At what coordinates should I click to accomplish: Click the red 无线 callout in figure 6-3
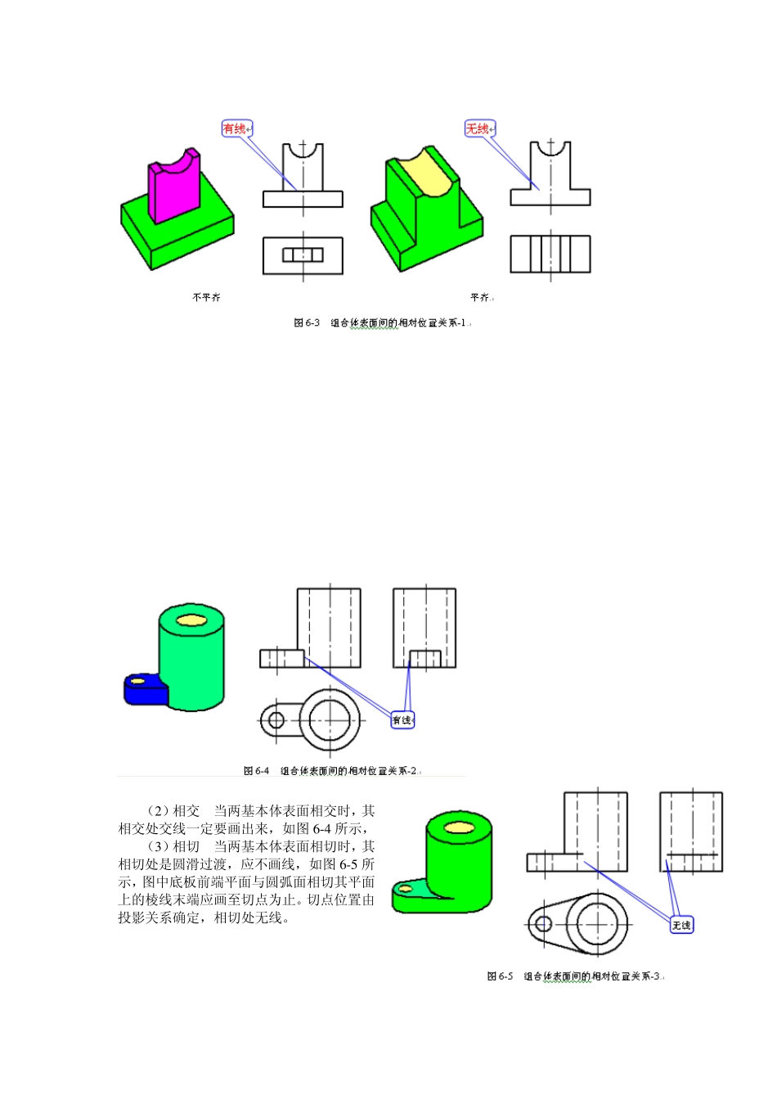click(x=479, y=128)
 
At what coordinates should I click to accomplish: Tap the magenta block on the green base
click(x=173, y=192)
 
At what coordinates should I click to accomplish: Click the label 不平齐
click(x=206, y=297)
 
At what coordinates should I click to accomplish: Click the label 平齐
click(x=480, y=297)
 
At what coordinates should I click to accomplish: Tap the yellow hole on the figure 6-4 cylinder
click(x=191, y=619)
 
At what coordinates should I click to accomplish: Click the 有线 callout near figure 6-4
click(x=402, y=720)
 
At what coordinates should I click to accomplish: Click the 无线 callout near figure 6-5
click(x=681, y=925)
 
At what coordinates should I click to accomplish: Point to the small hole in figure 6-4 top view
click(x=276, y=720)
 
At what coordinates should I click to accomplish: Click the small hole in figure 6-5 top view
click(x=542, y=925)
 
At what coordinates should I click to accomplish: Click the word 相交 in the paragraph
click(x=186, y=811)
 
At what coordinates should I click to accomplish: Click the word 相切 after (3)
click(x=186, y=846)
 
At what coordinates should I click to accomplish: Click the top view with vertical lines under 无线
click(x=550, y=255)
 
